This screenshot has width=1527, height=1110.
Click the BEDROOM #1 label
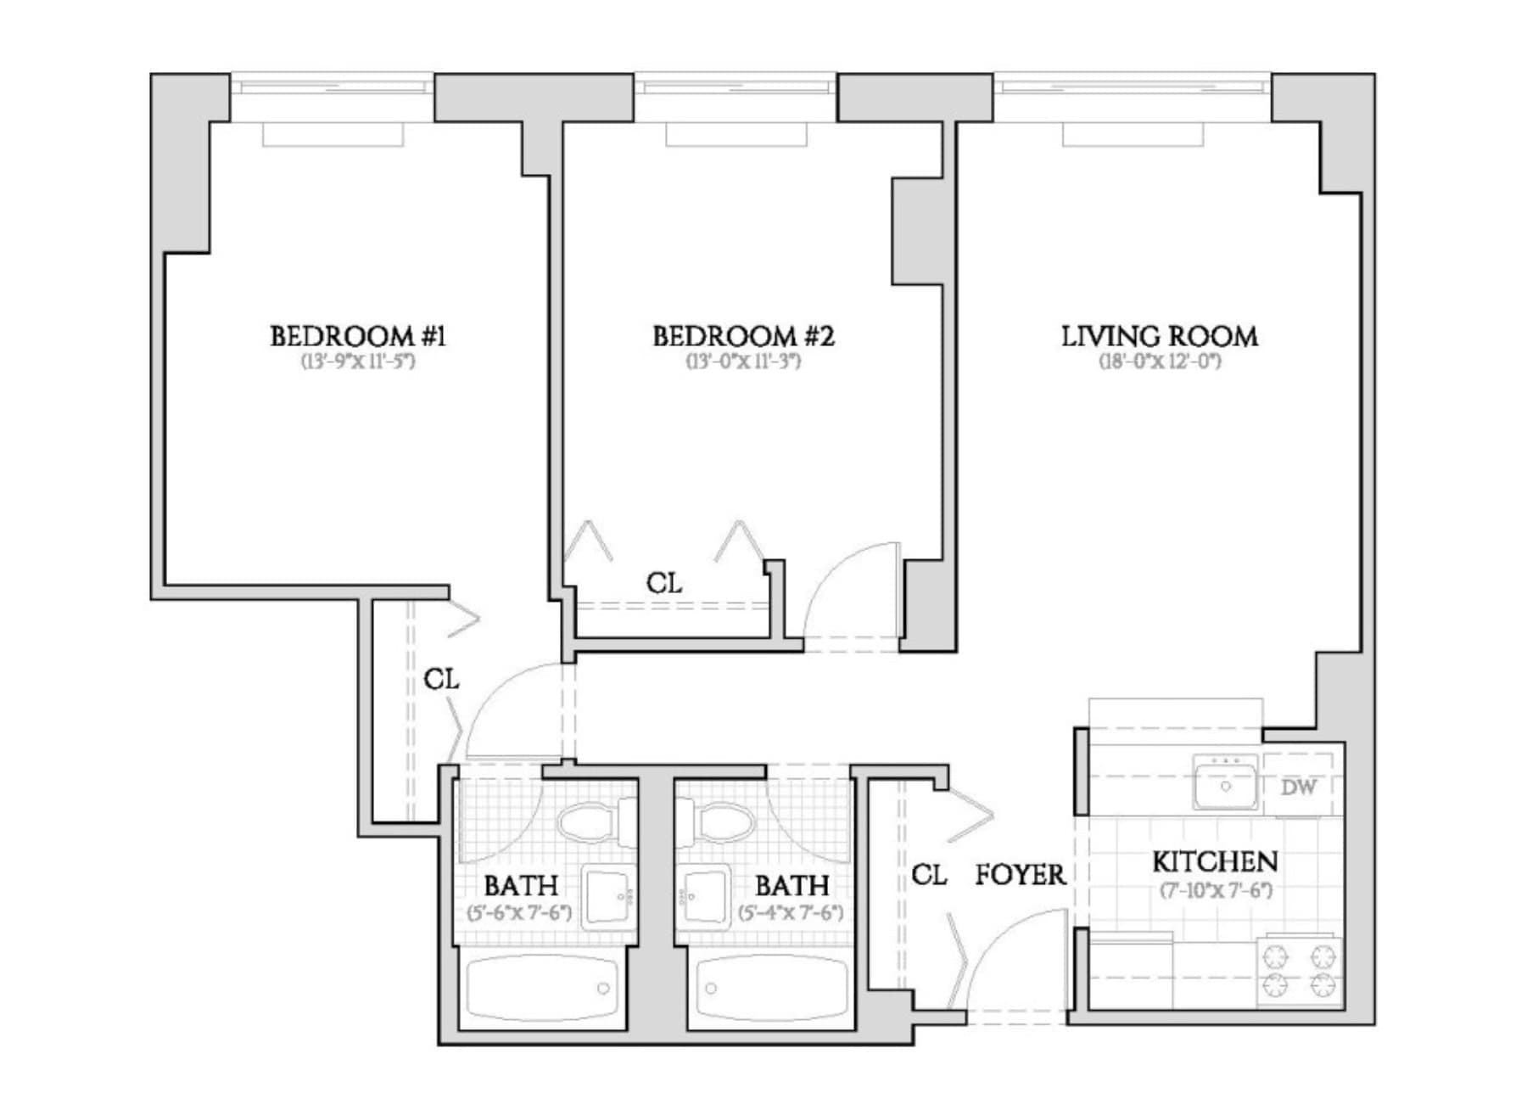click(358, 337)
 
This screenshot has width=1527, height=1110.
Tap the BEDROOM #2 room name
click(743, 337)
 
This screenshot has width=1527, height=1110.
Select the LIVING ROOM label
click(1160, 337)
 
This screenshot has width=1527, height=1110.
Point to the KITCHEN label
click(1215, 862)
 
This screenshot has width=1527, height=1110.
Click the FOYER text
click(1020, 875)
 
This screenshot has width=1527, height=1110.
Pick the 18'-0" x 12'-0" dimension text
click(1160, 362)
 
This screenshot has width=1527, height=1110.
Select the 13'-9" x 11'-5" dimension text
click(358, 362)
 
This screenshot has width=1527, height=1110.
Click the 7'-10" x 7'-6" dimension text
click(1216, 891)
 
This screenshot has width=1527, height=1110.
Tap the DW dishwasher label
click(1298, 787)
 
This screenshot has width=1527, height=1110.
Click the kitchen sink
click(1225, 782)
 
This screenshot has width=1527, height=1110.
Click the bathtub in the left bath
click(542, 989)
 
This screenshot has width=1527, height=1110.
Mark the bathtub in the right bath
click(772, 989)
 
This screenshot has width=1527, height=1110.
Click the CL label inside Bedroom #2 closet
click(663, 584)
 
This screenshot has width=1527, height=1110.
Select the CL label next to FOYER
click(929, 875)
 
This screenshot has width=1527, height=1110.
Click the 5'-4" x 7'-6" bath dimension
click(791, 914)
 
